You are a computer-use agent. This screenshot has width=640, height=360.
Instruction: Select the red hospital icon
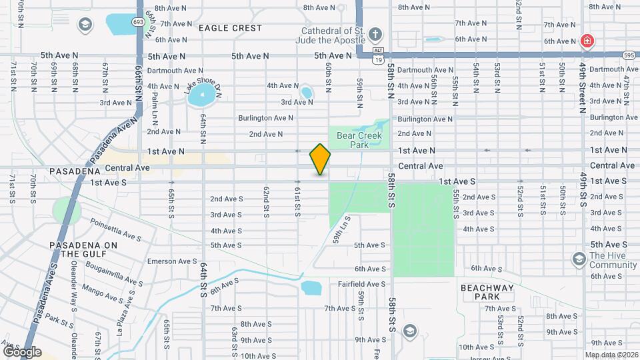coord(587,41)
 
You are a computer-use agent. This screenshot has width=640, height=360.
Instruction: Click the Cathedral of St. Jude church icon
coord(375,34)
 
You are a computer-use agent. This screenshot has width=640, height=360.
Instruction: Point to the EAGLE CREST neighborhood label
coord(230,29)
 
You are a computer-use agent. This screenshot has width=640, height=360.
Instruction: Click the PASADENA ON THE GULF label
coord(83,249)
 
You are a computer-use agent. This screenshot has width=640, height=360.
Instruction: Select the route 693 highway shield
coord(138,22)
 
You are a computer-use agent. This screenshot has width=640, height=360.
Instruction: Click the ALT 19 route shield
coord(378,55)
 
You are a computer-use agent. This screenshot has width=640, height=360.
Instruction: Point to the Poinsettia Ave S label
coord(116,230)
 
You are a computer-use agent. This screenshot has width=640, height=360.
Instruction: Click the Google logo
coord(22,351)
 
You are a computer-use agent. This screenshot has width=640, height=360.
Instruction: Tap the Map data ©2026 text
coord(611,355)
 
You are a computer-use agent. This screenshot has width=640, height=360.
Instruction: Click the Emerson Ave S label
coord(172,261)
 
